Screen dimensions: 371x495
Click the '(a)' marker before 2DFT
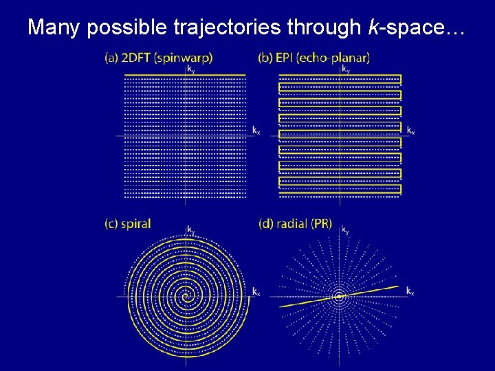point(111,58)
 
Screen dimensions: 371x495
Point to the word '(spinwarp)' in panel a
point(184,58)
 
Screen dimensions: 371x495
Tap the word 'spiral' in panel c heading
point(137,223)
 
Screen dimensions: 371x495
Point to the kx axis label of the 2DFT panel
point(256,129)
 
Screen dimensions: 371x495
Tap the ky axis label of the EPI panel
point(346,69)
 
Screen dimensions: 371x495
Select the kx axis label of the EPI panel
point(410,129)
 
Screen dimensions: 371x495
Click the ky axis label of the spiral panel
point(191,231)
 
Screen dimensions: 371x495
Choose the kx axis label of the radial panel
point(410,291)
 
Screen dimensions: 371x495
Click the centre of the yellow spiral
point(185,297)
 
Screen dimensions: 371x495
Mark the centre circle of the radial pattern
point(339,297)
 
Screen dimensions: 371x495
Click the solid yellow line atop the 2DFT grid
point(184,75)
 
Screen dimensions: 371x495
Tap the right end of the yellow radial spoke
point(397,286)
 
